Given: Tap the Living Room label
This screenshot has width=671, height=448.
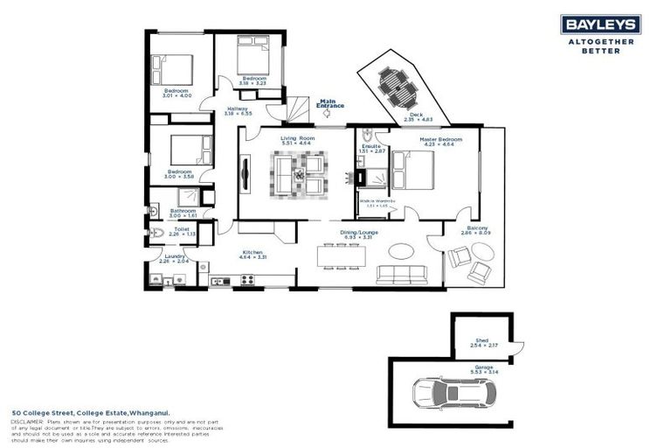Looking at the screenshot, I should click(297, 138).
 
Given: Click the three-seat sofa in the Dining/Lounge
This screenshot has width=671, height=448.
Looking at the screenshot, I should click(405, 275).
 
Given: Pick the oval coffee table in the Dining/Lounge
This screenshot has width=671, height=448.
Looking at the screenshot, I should click(403, 251).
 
